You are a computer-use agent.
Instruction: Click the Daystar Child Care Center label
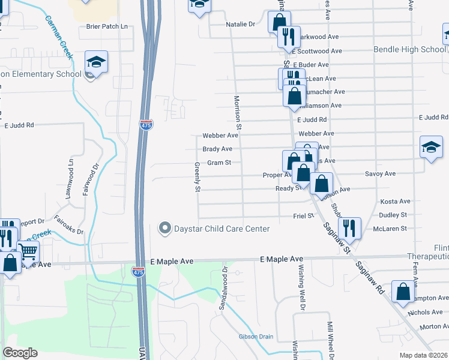221,229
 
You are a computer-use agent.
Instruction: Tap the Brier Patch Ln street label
107,26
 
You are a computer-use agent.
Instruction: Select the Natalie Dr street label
241,25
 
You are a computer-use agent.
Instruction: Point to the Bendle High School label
409,49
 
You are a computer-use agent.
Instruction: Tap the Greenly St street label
197,177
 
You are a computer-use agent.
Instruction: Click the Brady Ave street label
217,149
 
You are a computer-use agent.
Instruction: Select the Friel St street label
303,216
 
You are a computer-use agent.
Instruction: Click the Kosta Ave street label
395,202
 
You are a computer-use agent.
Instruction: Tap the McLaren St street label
390,229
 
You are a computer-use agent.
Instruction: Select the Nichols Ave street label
424,312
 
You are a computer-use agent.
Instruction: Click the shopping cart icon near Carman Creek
28,250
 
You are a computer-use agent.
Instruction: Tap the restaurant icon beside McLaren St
349,227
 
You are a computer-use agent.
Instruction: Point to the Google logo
20,353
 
